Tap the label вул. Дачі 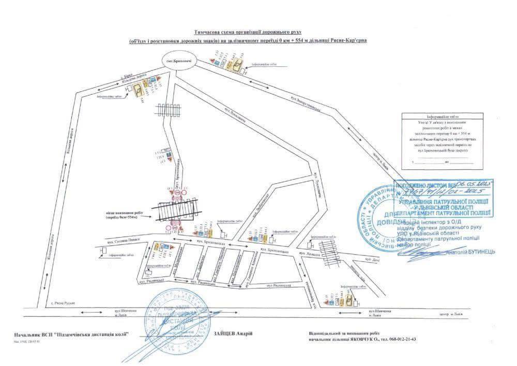point(372,258)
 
